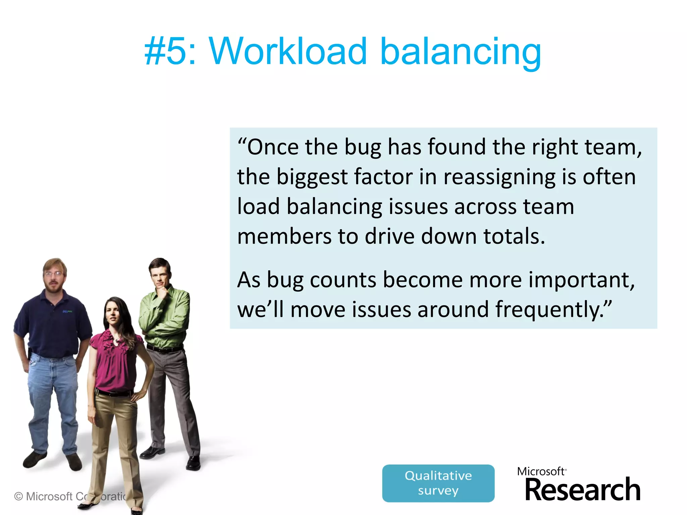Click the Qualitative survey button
pyautogui.click(x=438, y=483)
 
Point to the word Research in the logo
pyautogui.click(x=582, y=490)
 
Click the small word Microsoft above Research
pyautogui.click(x=541, y=471)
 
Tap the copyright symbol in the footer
pyautogui.click(x=19, y=496)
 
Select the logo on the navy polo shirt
pyautogui.click(x=67, y=311)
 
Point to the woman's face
pyautogui.click(x=113, y=313)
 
